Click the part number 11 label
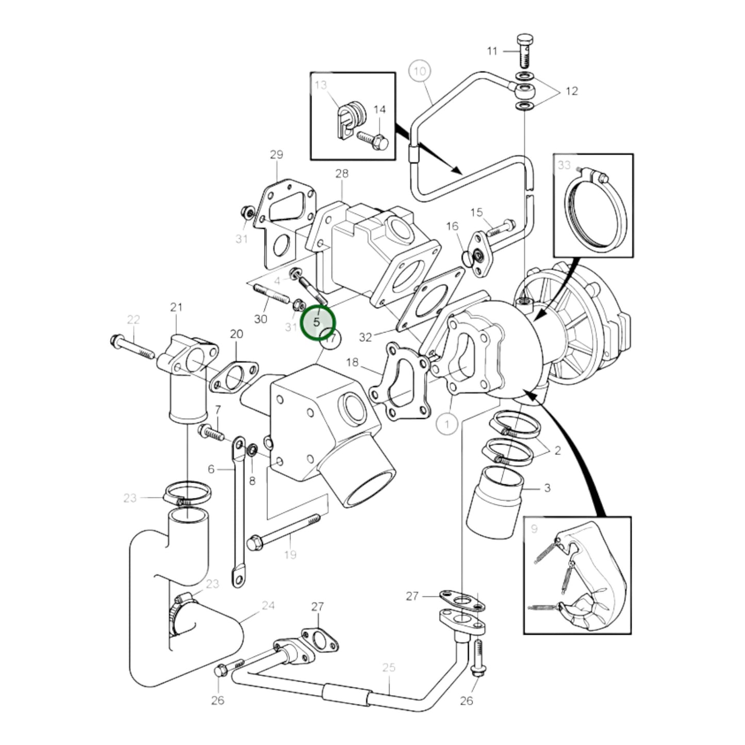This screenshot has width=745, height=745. tap(492, 51)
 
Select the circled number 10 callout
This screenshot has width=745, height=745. tap(420, 71)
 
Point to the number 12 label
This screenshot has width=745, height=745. tap(571, 91)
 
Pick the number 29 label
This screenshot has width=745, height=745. tap(276, 155)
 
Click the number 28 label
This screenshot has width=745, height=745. tap(341, 174)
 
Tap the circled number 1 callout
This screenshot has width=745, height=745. tap(446, 424)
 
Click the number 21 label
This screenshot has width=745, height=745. tap(176, 307)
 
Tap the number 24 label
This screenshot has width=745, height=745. tap(268, 605)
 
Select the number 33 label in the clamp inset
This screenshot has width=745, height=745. tap(564, 165)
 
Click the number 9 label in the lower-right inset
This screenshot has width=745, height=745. tap(534, 528)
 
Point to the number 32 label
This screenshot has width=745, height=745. tap(366, 337)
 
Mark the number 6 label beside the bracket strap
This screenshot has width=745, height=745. tap(211, 469)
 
